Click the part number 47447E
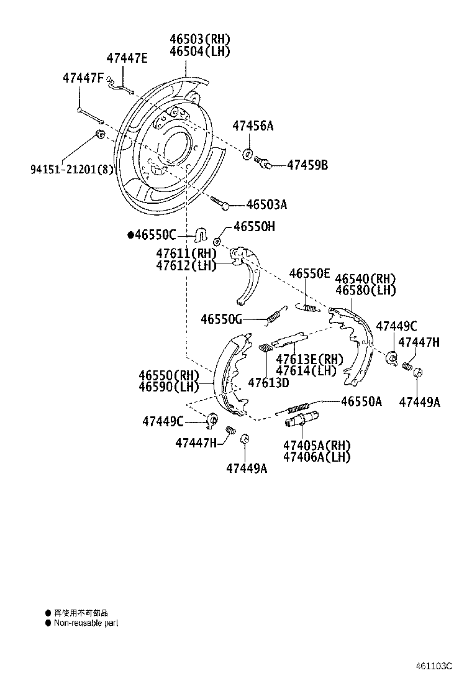click(x=127, y=58)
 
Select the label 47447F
click(x=83, y=78)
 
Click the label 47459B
click(x=307, y=165)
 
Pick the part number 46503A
click(x=266, y=204)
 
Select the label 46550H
click(x=254, y=227)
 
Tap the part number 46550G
click(x=221, y=319)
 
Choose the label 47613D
click(x=268, y=383)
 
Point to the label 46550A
click(x=361, y=401)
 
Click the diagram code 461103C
click(x=434, y=666)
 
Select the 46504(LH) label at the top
click(x=200, y=52)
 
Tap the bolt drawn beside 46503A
click(x=220, y=201)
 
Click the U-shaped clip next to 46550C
click(x=201, y=235)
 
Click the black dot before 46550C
click(x=130, y=235)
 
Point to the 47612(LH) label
click(x=186, y=265)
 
